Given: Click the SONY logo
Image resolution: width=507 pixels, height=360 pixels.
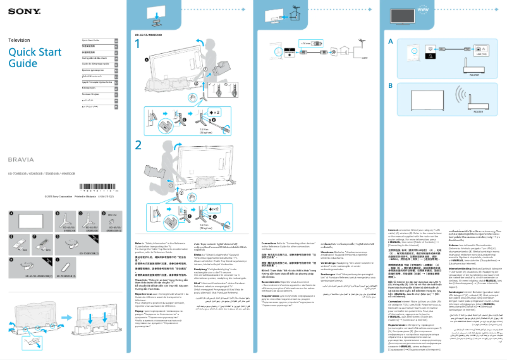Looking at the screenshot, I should click(x=18, y=10).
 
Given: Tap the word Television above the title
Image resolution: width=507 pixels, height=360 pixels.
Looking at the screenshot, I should click(x=20, y=40).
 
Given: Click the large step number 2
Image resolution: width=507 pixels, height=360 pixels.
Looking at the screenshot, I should click(x=138, y=144).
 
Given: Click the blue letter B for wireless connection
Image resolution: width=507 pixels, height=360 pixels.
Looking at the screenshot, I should click(x=390, y=85).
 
